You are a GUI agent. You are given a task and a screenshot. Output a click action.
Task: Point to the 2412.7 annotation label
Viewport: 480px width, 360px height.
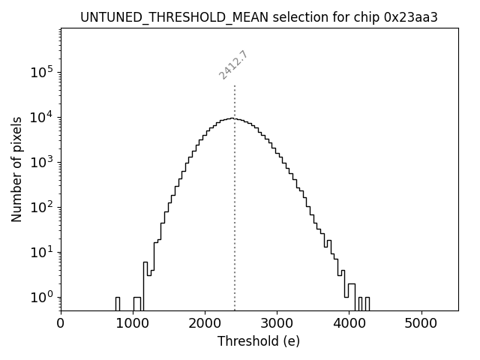coord(233,65)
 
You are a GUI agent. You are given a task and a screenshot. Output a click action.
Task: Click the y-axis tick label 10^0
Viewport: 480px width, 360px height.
coord(43,297)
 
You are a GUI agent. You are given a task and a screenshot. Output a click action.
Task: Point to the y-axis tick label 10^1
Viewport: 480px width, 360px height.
coord(43,252)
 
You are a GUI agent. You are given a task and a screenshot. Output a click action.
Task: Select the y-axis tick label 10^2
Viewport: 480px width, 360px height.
coord(43,207)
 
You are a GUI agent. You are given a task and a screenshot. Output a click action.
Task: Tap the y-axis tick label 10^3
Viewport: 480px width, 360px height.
coord(43,162)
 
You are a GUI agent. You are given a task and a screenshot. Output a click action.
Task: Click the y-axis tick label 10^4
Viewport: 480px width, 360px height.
coord(43,117)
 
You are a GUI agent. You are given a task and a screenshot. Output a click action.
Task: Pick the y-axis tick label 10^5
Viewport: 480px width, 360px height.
coord(43,72)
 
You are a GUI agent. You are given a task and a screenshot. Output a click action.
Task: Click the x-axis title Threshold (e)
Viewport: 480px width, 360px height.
coord(259,341)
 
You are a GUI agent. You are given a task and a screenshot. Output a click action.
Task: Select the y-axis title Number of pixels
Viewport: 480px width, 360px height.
coord(16,169)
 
